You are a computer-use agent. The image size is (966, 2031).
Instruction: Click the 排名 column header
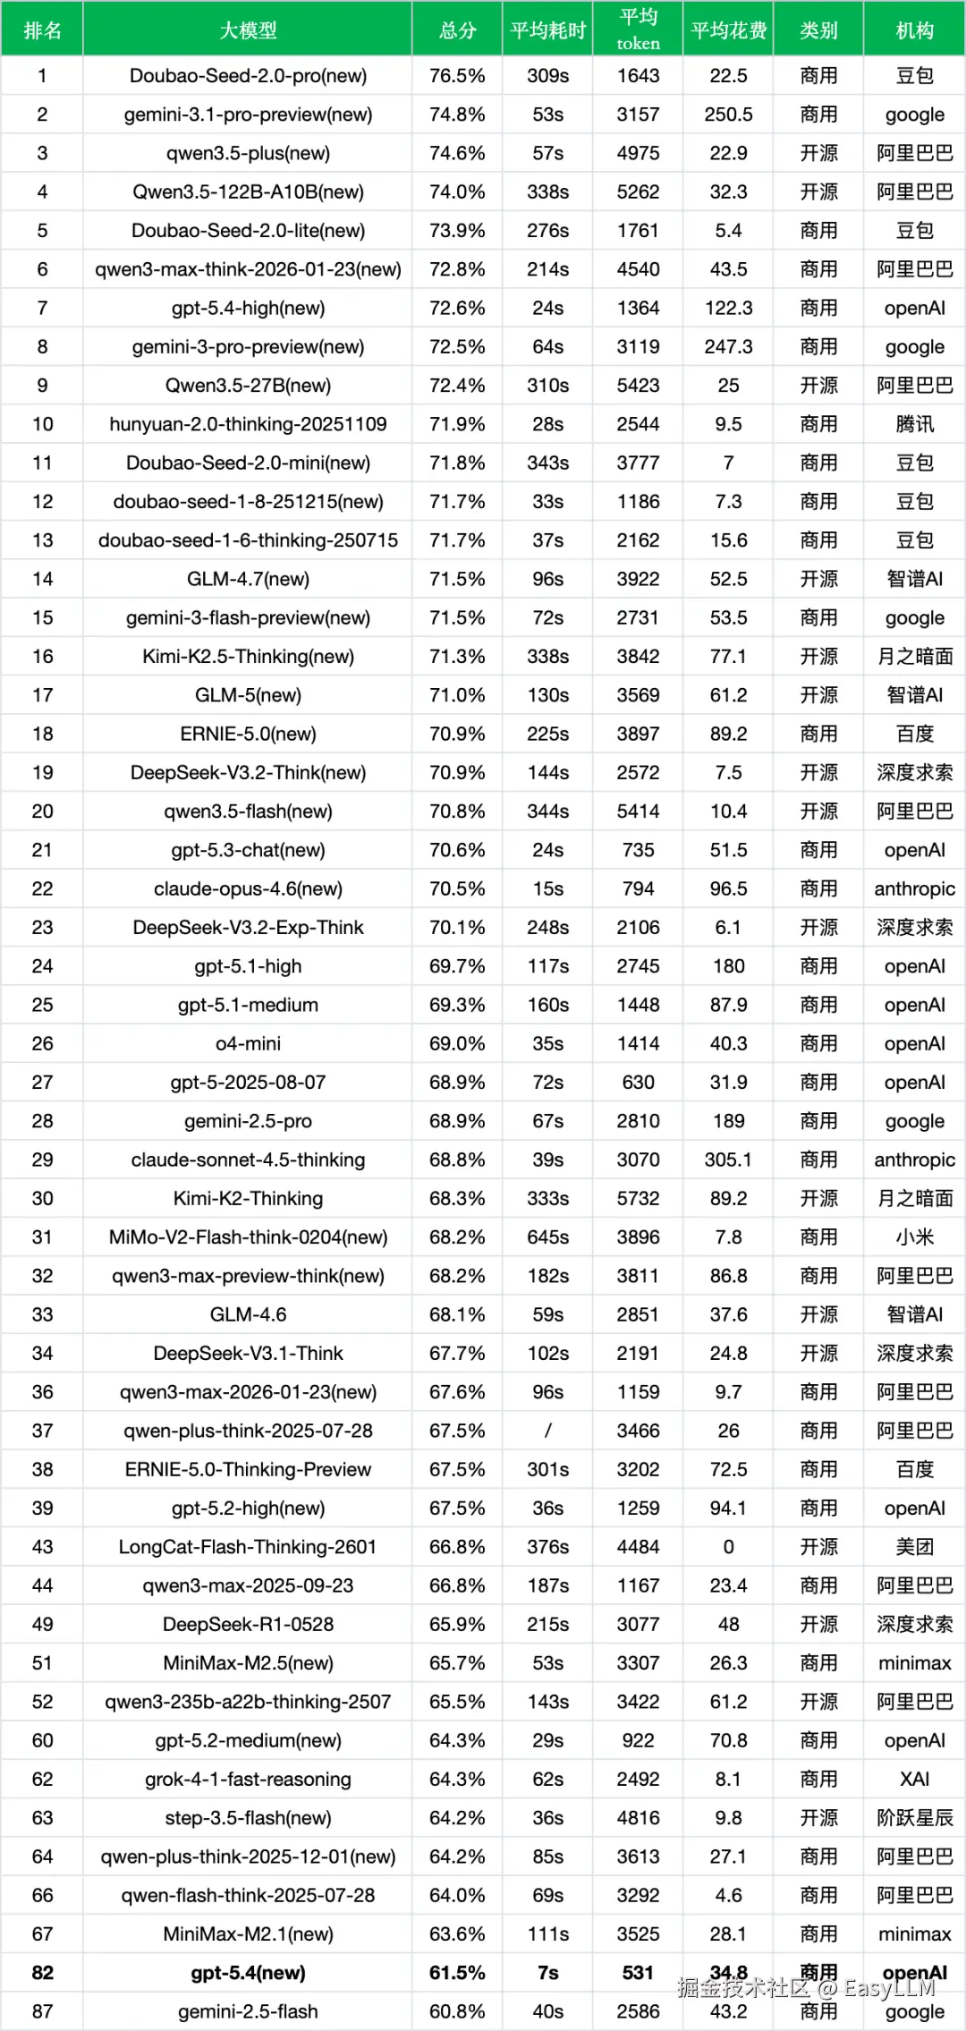tap(42, 30)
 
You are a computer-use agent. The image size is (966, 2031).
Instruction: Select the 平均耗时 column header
tap(547, 30)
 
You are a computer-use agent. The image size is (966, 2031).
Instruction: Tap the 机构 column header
tap(914, 30)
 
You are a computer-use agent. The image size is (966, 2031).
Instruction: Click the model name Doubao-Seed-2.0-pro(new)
tap(248, 76)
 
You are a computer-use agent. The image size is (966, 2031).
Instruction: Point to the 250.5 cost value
tap(728, 115)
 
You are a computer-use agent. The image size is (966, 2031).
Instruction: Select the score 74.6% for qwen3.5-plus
tap(457, 153)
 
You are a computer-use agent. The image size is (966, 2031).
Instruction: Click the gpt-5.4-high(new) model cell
tap(248, 308)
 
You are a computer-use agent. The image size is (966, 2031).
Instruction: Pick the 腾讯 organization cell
tap(914, 424)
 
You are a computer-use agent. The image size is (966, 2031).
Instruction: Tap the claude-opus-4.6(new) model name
tap(248, 888)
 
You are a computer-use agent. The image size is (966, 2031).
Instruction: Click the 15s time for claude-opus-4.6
tap(547, 888)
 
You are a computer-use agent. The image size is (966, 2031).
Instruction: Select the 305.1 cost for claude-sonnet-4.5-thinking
tap(728, 1160)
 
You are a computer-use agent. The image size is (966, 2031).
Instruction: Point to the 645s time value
tap(547, 1237)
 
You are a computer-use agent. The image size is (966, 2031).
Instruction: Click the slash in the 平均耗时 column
tap(547, 1431)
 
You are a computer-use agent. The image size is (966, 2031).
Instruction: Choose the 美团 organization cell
tap(914, 1547)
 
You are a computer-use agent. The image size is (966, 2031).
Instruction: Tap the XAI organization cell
tap(914, 1779)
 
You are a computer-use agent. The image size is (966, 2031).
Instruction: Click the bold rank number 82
tap(42, 1973)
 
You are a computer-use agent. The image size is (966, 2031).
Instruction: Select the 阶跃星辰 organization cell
tap(914, 1818)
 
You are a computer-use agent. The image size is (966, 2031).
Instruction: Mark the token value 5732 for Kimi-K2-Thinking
tap(638, 1198)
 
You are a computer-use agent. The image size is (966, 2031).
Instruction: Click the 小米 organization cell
tap(914, 1237)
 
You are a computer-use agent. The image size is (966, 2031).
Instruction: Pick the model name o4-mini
tap(248, 1043)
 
